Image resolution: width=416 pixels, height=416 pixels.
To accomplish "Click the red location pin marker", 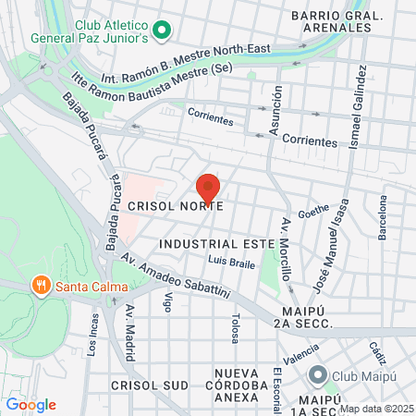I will [208, 188].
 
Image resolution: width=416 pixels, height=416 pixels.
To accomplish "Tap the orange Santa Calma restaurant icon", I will [41, 286].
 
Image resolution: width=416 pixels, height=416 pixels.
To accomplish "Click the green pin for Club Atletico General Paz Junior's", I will [163, 31].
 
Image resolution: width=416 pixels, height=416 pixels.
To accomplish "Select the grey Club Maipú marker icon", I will [318, 375].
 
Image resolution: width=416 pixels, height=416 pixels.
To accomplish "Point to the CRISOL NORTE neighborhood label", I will [176, 206].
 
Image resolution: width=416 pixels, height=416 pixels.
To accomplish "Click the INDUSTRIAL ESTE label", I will [216, 243].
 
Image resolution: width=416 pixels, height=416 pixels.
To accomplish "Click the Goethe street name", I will [313, 212].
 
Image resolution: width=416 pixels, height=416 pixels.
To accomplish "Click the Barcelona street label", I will [382, 218].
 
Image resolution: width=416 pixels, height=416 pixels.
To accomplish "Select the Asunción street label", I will [275, 119].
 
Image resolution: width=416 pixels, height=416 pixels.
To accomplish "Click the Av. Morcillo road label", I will [286, 251].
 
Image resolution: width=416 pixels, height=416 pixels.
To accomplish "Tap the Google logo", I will [31, 404].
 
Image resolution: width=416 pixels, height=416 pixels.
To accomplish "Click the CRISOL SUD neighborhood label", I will [149, 385].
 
